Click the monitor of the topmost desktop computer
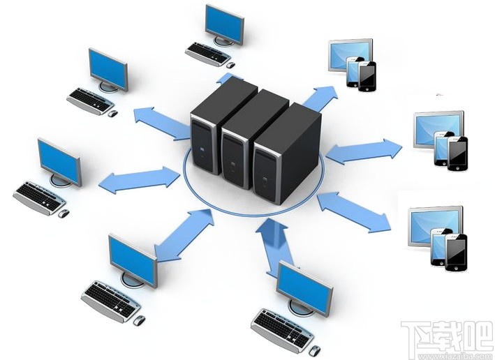point(225,24)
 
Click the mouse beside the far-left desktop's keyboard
point(64,211)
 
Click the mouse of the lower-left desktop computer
point(139,320)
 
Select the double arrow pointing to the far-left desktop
point(140,178)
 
